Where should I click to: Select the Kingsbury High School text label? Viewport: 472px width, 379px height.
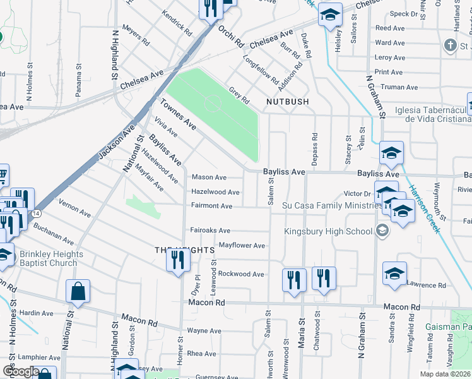click(x=328, y=231)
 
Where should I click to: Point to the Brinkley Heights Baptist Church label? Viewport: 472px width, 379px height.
click(x=42, y=259)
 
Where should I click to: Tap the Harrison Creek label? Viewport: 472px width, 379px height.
click(x=423, y=208)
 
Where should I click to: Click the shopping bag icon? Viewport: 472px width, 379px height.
click(x=78, y=292)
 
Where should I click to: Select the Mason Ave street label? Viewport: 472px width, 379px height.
click(x=209, y=177)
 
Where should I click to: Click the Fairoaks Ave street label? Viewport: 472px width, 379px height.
click(x=210, y=231)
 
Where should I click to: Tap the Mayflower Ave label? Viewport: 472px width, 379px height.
click(x=242, y=245)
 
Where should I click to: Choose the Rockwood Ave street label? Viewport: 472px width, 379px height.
click(x=241, y=274)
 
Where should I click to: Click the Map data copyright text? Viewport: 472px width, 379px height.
click(x=445, y=374)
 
